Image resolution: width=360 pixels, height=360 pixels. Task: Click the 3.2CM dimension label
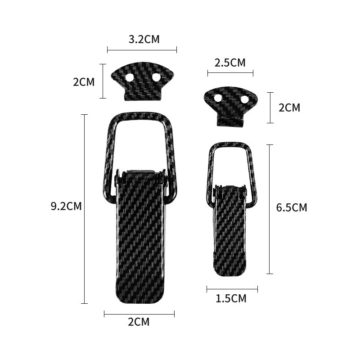(x=144, y=39)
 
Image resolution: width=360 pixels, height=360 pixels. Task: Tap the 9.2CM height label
(x=66, y=206)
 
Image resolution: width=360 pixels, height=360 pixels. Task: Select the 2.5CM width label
(x=230, y=63)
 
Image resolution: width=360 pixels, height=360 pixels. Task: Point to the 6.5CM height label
(x=292, y=207)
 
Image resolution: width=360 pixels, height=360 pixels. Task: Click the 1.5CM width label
(x=231, y=298)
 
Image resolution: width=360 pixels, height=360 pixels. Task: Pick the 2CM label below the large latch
(x=139, y=322)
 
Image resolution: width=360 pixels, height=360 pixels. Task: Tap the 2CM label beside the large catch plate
(x=84, y=82)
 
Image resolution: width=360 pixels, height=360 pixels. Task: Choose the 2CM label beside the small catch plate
(x=289, y=108)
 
